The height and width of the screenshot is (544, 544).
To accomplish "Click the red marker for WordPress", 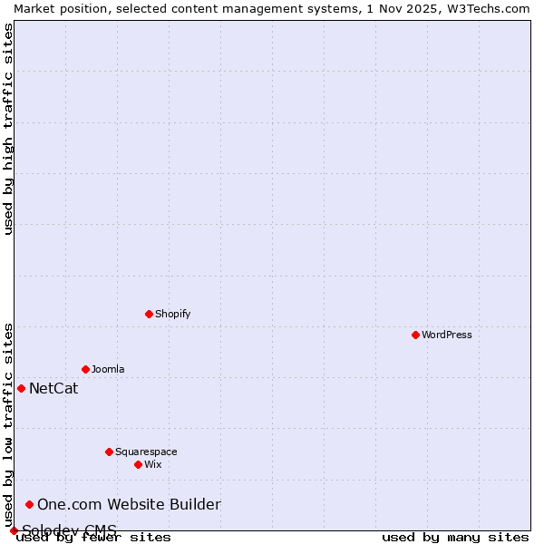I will pyautogui.click(x=415, y=335).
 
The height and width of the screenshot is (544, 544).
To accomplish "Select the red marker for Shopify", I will pyautogui.click(x=149, y=314).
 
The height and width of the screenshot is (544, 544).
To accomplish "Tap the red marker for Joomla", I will pyautogui.click(x=85, y=369).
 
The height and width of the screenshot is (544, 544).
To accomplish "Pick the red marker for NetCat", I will pyautogui.click(x=21, y=388).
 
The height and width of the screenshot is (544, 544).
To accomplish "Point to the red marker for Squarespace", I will pyautogui.click(x=109, y=452).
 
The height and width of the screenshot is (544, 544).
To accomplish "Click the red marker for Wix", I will pyautogui.click(x=138, y=464).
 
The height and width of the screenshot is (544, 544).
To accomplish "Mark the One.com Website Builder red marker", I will pyautogui.click(x=29, y=504).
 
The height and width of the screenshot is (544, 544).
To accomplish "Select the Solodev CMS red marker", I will pyautogui.click(x=14, y=530).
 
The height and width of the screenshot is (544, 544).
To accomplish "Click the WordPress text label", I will pyautogui.click(x=446, y=335).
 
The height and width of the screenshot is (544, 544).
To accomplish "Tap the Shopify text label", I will pyautogui.click(x=172, y=314).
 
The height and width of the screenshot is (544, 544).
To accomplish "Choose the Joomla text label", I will pyautogui.click(x=108, y=369).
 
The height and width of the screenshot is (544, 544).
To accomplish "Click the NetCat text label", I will pyautogui.click(x=53, y=389).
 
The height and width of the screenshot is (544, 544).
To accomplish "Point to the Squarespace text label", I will pyautogui.click(x=146, y=452).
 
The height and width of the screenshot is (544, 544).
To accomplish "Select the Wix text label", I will pyautogui.click(x=153, y=464).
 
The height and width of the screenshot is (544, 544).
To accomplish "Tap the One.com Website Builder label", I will pyautogui.click(x=129, y=505).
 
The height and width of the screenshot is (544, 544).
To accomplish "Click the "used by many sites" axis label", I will pyautogui.click(x=455, y=538).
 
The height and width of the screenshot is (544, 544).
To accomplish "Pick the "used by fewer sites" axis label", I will pyautogui.click(x=93, y=538).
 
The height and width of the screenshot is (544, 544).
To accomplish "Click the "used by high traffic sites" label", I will pyautogui.click(x=8, y=129).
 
